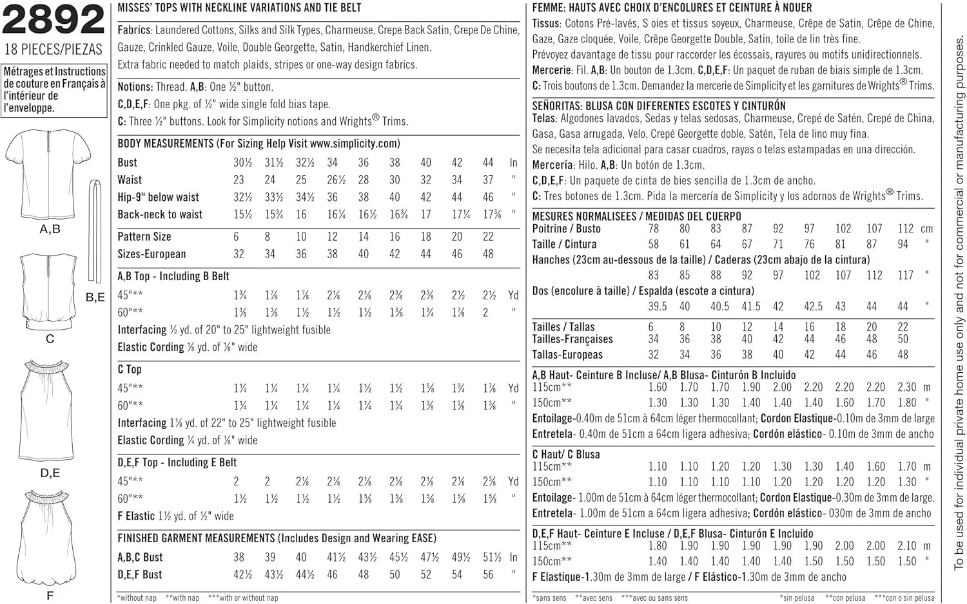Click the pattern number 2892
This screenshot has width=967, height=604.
point(53,20)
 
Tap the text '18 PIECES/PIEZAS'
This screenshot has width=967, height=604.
point(53,50)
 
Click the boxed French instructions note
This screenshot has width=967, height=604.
point(54,90)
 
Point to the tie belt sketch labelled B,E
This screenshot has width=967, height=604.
point(95,232)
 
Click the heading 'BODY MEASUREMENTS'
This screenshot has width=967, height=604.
point(165,144)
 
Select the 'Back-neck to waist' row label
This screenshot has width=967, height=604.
point(160,214)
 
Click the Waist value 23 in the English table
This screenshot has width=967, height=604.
point(239,180)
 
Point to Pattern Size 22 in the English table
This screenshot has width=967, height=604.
point(488,237)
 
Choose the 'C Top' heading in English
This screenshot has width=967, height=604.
point(130,369)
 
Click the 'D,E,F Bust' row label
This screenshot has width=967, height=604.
point(140,574)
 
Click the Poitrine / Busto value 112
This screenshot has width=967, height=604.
point(905,229)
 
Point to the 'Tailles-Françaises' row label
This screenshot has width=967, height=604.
point(572,339)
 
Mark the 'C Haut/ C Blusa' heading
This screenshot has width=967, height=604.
point(566,454)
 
